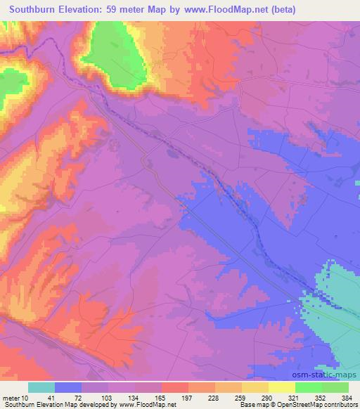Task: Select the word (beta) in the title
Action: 279,10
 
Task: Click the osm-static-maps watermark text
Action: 329,376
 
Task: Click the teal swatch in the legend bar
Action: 42,387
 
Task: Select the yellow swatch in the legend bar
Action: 281,387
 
